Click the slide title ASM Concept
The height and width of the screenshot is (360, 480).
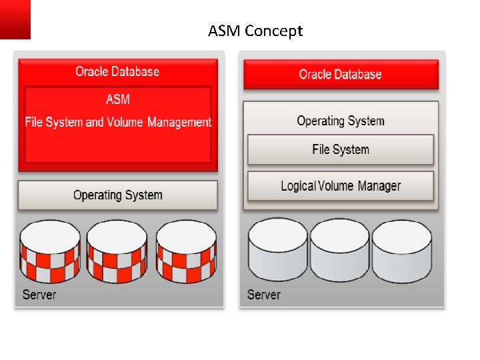tap(255, 31)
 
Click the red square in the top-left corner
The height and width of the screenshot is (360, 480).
tap(15, 19)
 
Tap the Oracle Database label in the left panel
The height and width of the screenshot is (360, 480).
tap(117, 71)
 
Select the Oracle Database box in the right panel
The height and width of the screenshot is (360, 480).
tap(341, 75)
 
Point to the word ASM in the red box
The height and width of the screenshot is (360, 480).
tap(118, 99)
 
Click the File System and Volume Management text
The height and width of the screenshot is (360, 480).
tap(118, 122)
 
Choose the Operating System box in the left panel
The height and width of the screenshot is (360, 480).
tap(118, 195)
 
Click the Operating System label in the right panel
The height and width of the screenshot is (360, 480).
tap(341, 121)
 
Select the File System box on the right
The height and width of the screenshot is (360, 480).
tap(341, 149)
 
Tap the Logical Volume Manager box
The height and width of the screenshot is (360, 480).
tap(341, 186)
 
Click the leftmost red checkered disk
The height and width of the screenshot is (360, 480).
tap(50, 251)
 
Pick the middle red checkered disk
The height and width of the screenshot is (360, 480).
tap(117, 251)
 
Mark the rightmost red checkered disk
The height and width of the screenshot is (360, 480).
tap(186, 251)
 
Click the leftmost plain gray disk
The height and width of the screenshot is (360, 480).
tap(277, 250)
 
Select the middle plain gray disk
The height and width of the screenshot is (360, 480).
tap(339, 250)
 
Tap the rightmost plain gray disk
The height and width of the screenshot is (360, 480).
tap(401, 250)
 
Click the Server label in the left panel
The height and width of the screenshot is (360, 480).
tap(39, 294)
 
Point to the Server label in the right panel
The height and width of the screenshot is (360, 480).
tap(264, 294)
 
